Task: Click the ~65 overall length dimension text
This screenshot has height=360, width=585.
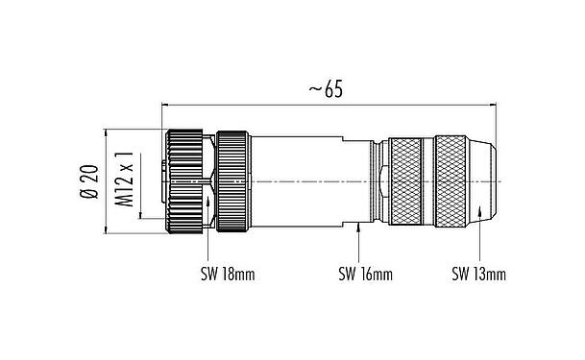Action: [326, 90]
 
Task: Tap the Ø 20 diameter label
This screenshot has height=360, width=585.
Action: [90, 181]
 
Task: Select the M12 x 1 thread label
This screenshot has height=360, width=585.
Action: [124, 180]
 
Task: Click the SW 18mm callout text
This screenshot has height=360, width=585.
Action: [228, 275]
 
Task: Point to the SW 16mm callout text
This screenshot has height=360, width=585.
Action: [366, 275]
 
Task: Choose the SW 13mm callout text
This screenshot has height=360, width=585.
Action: [479, 275]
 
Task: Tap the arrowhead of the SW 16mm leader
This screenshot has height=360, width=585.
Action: [358, 227]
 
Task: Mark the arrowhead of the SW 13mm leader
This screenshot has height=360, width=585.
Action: [479, 211]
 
